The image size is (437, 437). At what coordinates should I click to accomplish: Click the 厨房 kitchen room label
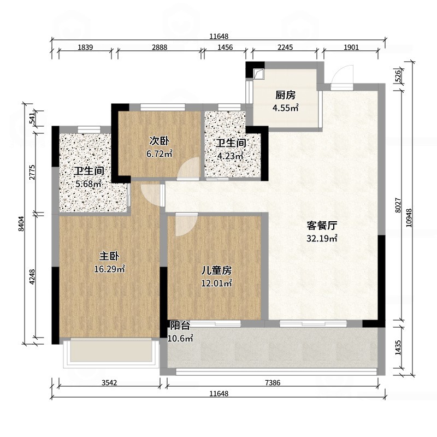(x=285, y=93)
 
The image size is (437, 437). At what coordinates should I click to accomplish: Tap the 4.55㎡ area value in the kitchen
(x=285, y=108)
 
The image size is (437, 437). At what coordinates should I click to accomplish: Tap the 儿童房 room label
(x=216, y=270)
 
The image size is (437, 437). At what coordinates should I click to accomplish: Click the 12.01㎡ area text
(x=216, y=283)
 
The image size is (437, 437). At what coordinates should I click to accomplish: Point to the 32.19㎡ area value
(x=321, y=238)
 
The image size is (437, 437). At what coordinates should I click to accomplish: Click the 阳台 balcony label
(x=180, y=326)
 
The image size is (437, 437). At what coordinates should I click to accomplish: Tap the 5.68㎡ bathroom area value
(x=88, y=184)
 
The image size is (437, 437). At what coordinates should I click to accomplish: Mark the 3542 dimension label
(x=110, y=382)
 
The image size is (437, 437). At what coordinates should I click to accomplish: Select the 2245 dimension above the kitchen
(x=285, y=48)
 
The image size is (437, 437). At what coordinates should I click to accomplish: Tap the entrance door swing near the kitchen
(x=343, y=76)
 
